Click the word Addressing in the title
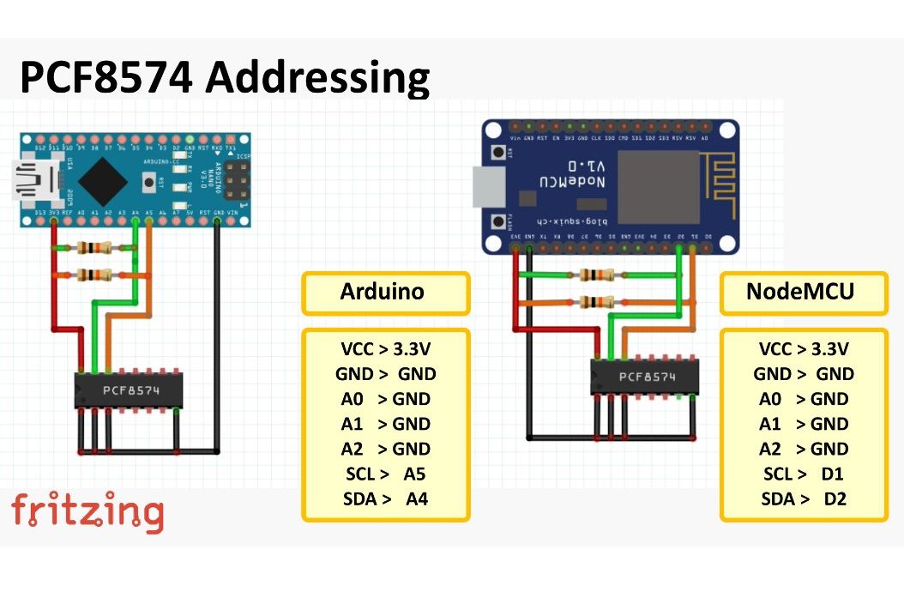pyautogui.click(x=316, y=78)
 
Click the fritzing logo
pyautogui.click(x=87, y=512)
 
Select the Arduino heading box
pyautogui.click(x=385, y=293)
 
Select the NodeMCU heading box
pyautogui.click(x=803, y=293)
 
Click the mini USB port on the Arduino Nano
pyautogui.click(x=33, y=181)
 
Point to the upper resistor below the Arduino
pyautogui.click(x=93, y=249)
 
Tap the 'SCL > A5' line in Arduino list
pyautogui.click(x=385, y=474)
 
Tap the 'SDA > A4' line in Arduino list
pyautogui.click(x=385, y=498)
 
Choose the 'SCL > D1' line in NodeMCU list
pyautogui.click(x=804, y=474)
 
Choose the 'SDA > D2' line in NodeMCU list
pyautogui.click(x=804, y=498)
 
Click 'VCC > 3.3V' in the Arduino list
pyautogui.click(x=385, y=349)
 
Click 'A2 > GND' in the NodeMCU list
pyautogui.click(x=804, y=449)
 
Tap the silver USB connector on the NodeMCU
pyautogui.click(x=485, y=187)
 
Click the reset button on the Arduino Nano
pyautogui.click(x=153, y=181)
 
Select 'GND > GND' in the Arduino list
pyautogui.click(x=385, y=374)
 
